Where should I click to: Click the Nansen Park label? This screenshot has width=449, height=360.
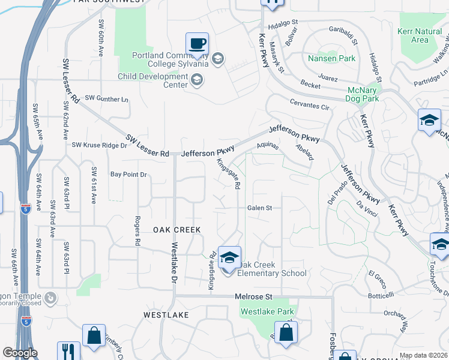coord(331,59)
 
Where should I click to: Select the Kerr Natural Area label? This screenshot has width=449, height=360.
coord(420,35)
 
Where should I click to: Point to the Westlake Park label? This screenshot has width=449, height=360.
coord(267,312)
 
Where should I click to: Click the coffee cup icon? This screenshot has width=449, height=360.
coord(197,44)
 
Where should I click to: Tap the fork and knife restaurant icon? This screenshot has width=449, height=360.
coord(68,351)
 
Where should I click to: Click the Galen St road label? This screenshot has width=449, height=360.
coord(260,208)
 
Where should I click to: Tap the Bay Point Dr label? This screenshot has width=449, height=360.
coord(128,175)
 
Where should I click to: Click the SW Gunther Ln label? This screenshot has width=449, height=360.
coord(106,98)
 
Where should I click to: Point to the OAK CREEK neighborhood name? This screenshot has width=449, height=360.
coord(176,230)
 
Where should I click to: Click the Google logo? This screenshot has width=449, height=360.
coord(20,353)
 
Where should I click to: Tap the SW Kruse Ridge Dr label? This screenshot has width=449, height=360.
coord(100,145)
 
